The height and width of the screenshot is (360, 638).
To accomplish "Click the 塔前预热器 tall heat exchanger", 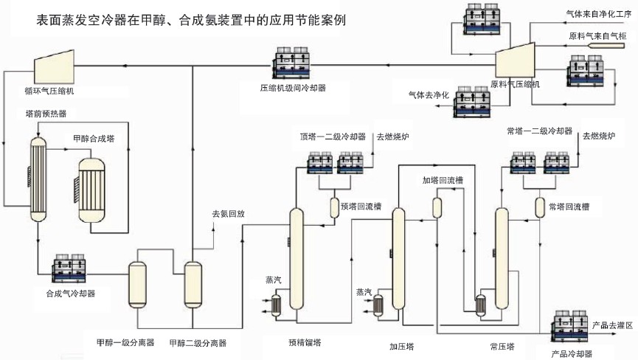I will click(38, 170).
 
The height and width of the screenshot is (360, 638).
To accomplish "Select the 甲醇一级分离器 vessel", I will click(138, 285).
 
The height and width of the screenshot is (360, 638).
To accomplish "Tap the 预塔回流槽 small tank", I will click(333, 207).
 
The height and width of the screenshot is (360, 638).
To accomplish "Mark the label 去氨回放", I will click(228, 214).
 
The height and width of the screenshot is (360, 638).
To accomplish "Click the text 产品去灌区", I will click(612, 325).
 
